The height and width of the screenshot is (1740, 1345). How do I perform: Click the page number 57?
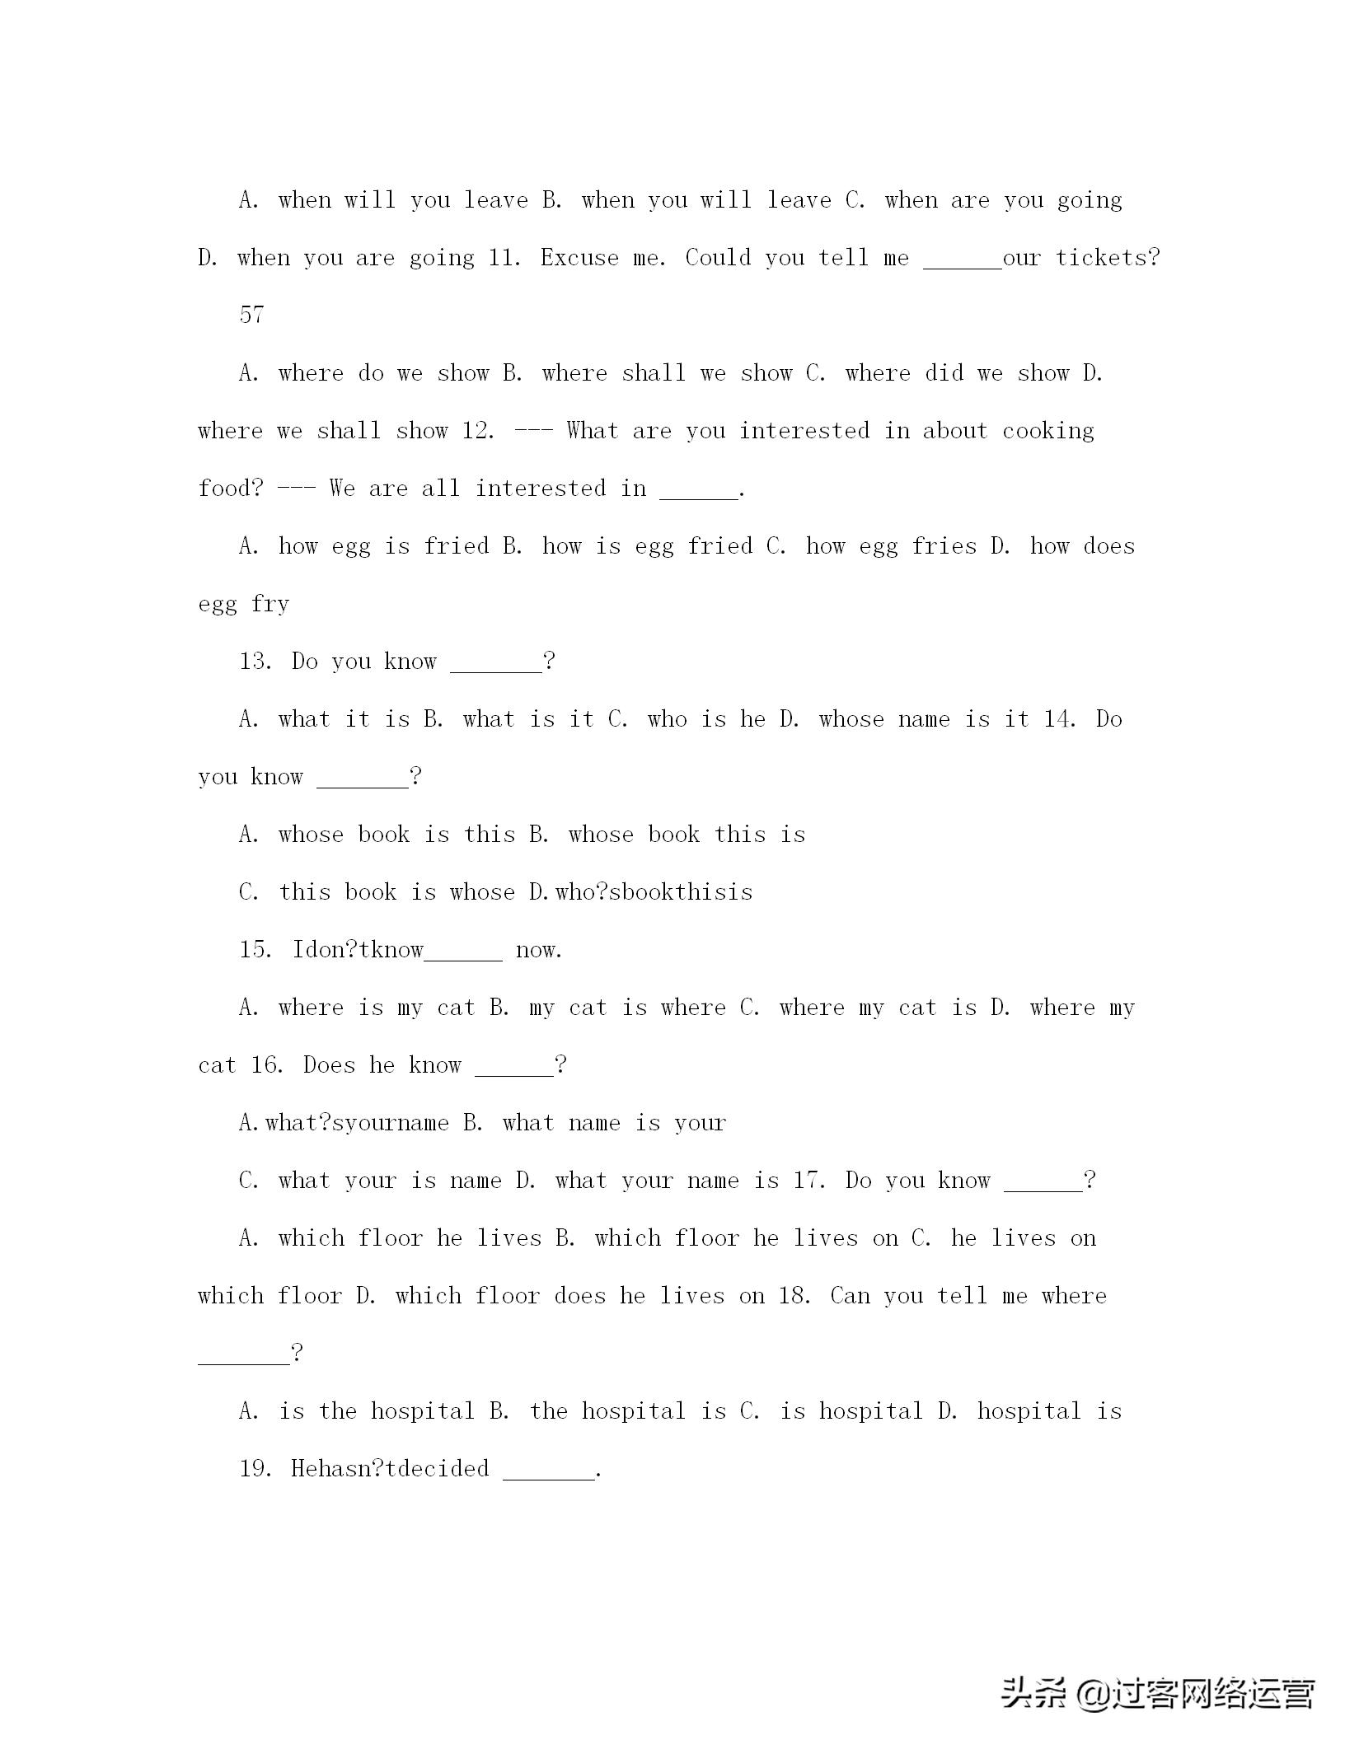tap(251, 315)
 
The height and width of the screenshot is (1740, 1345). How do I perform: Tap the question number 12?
tap(478, 431)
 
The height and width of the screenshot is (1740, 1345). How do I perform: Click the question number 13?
tap(256, 662)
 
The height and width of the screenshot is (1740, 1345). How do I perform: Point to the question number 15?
tap(256, 950)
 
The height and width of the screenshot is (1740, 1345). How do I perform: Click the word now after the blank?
tap(538, 951)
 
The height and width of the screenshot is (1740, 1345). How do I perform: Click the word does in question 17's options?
tap(581, 1296)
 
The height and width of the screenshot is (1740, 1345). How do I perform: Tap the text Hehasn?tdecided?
tap(390, 1469)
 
